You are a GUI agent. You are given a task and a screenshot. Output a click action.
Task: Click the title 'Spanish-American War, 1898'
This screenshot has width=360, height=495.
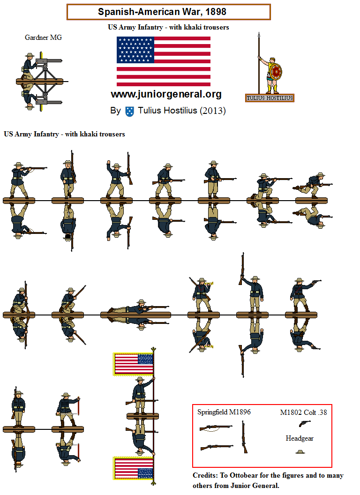click(x=168, y=12)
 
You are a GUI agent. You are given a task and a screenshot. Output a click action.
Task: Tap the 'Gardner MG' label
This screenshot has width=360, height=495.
click(x=43, y=37)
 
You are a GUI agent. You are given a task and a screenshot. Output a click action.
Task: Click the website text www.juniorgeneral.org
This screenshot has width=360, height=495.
click(x=166, y=94)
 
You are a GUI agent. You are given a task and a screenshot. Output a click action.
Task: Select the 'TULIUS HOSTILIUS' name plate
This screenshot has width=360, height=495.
click(x=270, y=98)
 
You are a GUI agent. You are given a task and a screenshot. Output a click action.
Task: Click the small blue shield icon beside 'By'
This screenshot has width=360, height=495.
click(x=130, y=111)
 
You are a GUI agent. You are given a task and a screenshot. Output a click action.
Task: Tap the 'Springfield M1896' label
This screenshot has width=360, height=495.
click(x=224, y=412)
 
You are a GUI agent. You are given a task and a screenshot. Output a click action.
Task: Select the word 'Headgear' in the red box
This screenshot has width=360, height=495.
click(x=300, y=438)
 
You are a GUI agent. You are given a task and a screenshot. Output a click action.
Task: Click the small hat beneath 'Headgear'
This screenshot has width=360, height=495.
click(x=300, y=451)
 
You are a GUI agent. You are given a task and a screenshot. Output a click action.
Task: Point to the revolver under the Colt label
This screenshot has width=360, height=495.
click(x=305, y=424)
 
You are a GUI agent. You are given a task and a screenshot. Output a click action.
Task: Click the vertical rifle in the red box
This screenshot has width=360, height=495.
click(x=244, y=437)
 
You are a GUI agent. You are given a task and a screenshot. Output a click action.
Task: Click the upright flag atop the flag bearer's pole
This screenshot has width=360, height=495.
click(x=134, y=364)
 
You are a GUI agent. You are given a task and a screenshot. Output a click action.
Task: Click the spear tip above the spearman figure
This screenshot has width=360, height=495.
click(x=259, y=36)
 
